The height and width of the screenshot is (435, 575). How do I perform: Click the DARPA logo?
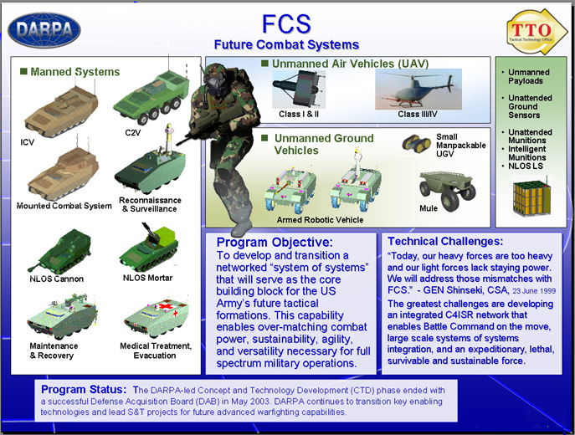[44, 30]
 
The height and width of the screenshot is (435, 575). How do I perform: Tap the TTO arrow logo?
[536, 32]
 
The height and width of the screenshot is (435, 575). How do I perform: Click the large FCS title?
[286, 23]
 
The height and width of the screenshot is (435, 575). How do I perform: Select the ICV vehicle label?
[27, 142]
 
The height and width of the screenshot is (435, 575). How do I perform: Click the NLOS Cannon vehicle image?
[59, 252]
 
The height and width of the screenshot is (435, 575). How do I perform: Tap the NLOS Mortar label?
[147, 278]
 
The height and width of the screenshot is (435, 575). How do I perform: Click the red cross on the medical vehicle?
[163, 306]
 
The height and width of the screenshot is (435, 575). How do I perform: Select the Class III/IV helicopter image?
[418, 89]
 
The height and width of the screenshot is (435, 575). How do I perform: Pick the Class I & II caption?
[299, 114]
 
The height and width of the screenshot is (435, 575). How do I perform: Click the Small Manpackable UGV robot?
[416, 143]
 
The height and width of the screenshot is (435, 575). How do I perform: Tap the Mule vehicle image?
[447, 191]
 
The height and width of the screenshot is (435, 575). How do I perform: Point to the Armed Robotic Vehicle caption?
[320, 220]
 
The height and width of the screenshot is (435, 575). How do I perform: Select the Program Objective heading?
[275, 243]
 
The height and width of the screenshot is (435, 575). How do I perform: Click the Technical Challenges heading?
[445, 241]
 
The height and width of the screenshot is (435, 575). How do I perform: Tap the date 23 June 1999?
[534, 291]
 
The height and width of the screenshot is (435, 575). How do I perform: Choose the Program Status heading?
[84, 389]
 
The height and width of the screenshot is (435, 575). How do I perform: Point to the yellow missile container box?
[531, 197]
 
